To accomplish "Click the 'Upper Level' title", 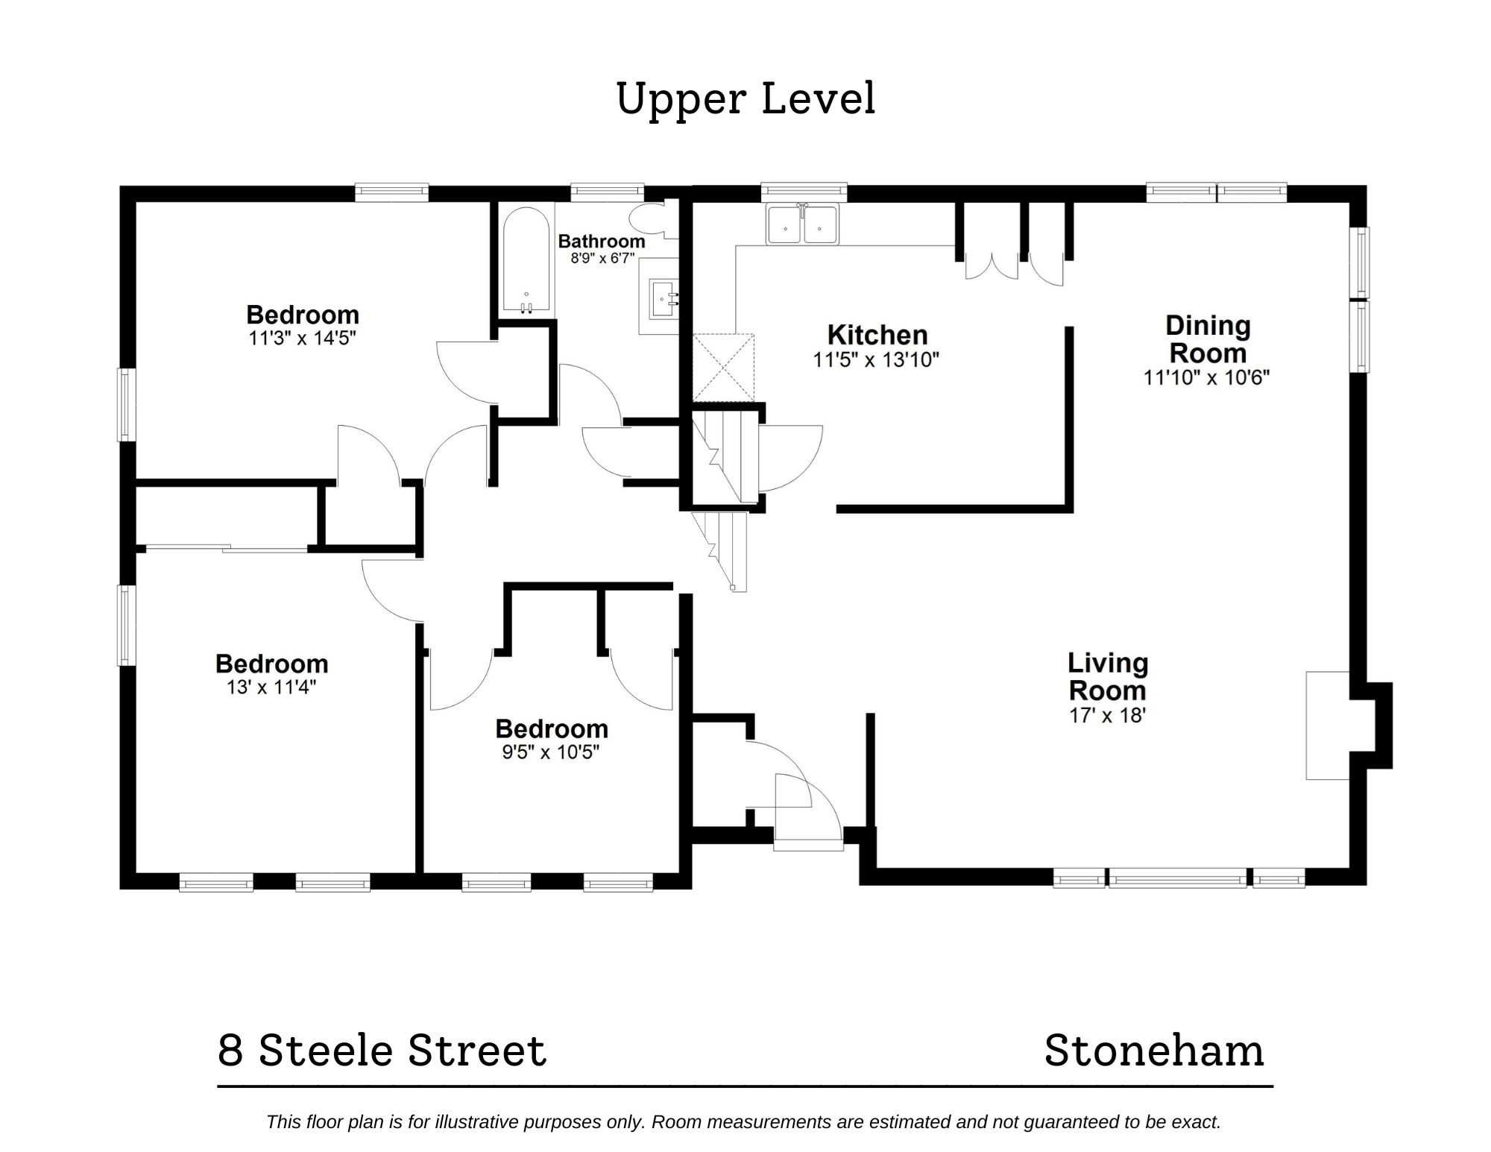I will click(745, 99).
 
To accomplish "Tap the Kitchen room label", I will click(877, 335).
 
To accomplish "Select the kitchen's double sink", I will click(803, 224).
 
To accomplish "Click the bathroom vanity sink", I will click(663, 299).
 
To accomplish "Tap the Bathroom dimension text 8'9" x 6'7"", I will click(602, 259).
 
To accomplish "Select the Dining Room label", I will click(1207, 339).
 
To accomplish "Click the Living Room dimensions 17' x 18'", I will click(1107, 716).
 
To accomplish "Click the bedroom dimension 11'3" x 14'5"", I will click(302, 339).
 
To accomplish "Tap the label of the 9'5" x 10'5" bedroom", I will click(551, 728).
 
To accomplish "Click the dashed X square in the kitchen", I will click(723, 368).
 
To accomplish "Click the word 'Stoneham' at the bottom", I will click(1154, 1051).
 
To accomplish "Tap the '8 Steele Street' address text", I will click(382, 1051).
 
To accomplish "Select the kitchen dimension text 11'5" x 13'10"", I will click(875, 360).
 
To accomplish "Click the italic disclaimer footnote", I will click(743, 1122).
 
